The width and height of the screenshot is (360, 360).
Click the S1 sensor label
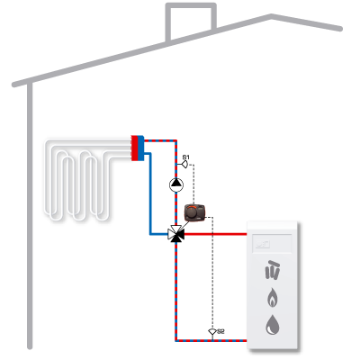coord(186,157)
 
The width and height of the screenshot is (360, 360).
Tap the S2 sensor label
coord(220,331)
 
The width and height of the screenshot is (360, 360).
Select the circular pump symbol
coord(176,184)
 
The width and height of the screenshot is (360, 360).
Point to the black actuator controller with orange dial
coord(194,212)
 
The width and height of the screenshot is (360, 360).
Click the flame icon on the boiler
coord(272,297)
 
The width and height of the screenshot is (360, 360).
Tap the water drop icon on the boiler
coord(273,324)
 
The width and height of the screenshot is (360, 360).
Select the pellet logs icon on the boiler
coord(273,270)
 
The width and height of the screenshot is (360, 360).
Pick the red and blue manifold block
coord(138,148)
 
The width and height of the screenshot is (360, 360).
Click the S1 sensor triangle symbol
coord(185,165)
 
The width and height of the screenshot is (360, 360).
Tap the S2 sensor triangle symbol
coord(212,332)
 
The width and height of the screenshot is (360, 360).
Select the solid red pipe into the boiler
coord(215,234)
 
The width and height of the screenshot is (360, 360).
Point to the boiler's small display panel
coord(272,243)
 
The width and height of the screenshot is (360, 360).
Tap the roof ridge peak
coord(271,15)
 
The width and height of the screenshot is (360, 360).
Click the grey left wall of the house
coord(30,216)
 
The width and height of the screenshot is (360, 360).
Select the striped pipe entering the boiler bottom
coord(211,340)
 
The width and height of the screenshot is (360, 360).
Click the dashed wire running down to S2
coord(212,273)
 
